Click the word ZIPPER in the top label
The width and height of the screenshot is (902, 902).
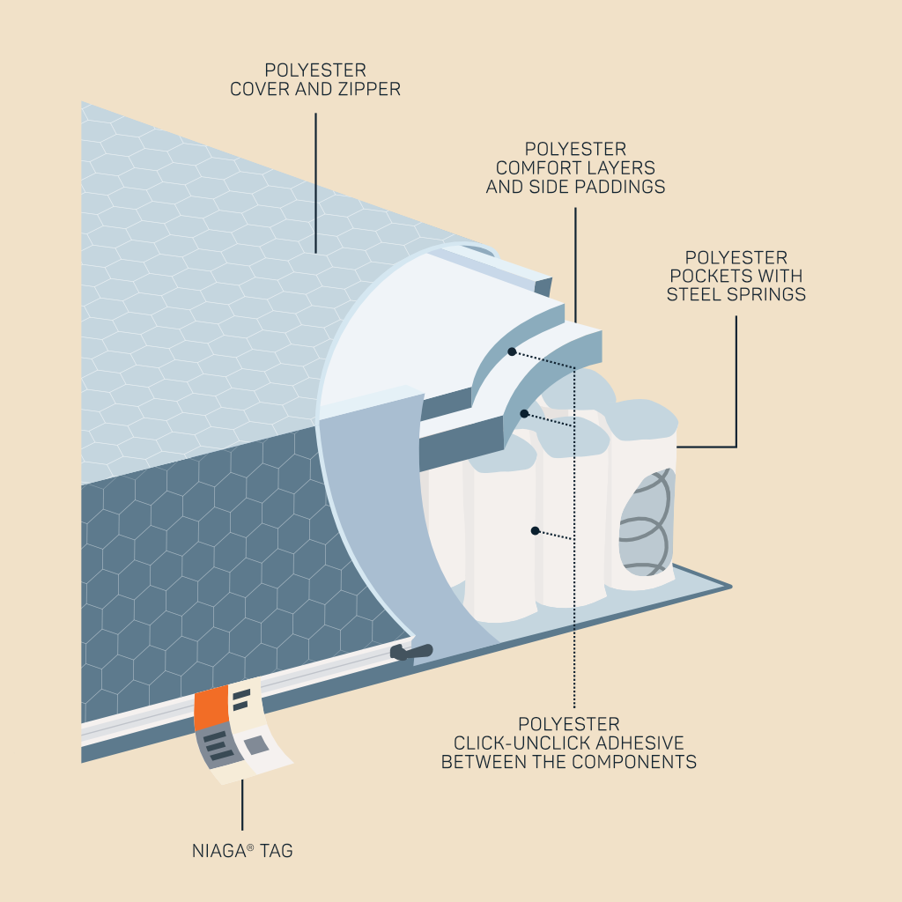pos(369,89)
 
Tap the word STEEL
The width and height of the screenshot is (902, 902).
pos(694,294)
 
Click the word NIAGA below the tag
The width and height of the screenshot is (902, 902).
pos(219,851)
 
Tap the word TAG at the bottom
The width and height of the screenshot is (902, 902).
pos(276,851)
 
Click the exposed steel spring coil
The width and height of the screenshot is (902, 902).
pos(645,522)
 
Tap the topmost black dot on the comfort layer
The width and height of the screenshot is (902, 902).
pos(512,351)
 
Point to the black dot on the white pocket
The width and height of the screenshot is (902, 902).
pos(535,530)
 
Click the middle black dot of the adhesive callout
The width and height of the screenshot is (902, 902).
pos(524,414)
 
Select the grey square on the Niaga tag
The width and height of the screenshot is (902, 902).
pos(256,745)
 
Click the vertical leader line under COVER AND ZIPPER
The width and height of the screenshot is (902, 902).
pos(315,183)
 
